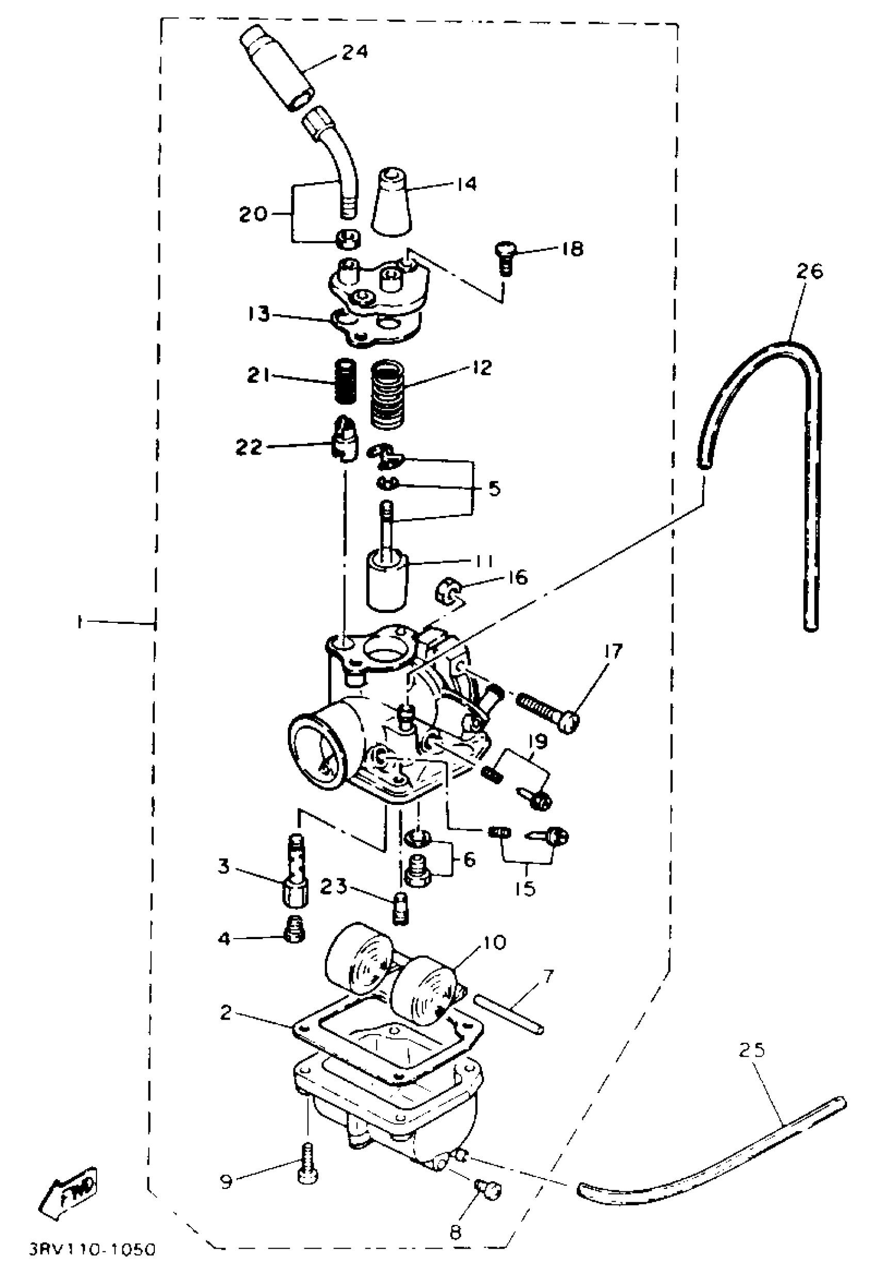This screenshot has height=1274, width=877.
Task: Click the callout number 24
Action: [x=354, y=52]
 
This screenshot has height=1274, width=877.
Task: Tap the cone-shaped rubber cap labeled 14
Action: [x=393, y=203]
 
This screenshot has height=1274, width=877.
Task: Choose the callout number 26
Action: [x=809, y=271]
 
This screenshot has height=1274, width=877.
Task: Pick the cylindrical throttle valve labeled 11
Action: [x=387, y=583]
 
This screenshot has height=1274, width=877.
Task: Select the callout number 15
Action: [x=526, y=889]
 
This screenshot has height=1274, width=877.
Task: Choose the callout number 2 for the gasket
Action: [x=226, y=1012]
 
